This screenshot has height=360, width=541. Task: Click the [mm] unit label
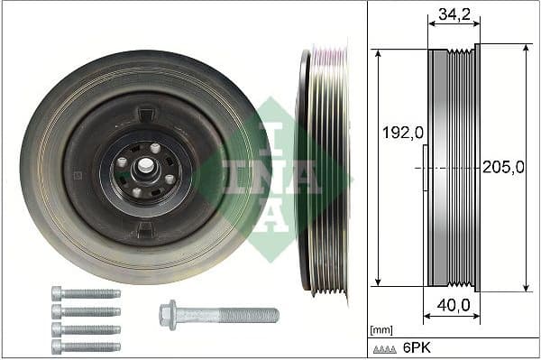(382, 331)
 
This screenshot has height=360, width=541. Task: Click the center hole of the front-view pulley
(144, 169)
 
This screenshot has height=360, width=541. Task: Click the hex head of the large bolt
(167, 315)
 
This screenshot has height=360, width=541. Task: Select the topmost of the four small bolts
(86, 293)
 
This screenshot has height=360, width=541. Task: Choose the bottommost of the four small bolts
(86, 346)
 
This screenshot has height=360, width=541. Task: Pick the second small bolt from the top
(86, 310)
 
